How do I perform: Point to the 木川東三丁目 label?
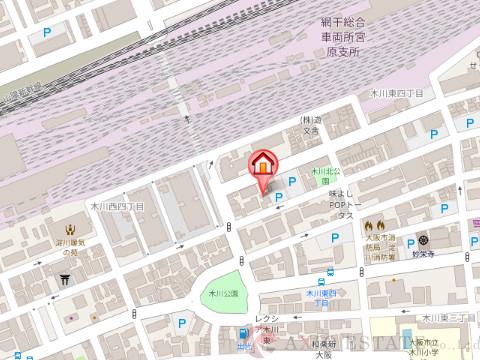[x=445, y=317]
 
